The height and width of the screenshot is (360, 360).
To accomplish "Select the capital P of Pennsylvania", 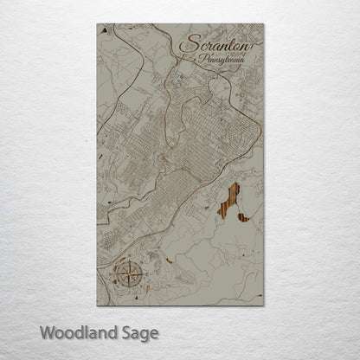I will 202,61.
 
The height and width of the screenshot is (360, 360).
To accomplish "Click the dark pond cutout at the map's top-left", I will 105,30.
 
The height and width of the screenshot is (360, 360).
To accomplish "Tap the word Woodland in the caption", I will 73,332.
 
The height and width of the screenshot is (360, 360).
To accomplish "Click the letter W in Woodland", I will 45,332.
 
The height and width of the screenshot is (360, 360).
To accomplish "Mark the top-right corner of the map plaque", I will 264,24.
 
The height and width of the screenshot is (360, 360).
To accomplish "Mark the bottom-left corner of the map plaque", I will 97,305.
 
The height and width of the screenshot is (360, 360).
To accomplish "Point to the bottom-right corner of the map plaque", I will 264,305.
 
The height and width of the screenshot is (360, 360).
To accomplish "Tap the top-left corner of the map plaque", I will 97,24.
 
